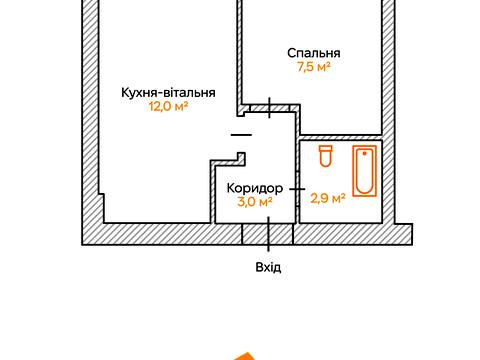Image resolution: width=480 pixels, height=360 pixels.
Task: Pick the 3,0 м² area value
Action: pos(254,201)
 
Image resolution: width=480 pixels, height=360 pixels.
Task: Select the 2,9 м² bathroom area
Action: pos(328,198)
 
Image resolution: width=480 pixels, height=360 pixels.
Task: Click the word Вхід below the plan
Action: pos(268,267)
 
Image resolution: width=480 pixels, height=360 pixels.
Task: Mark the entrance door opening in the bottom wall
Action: pos(268,233)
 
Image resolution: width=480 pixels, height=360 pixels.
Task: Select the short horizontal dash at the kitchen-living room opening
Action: pos(241,133)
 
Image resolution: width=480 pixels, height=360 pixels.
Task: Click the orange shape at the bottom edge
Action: pos(241,355)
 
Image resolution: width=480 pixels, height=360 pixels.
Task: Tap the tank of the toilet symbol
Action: pos(324,150)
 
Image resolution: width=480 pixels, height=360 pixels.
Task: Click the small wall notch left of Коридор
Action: pos(240,155)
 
